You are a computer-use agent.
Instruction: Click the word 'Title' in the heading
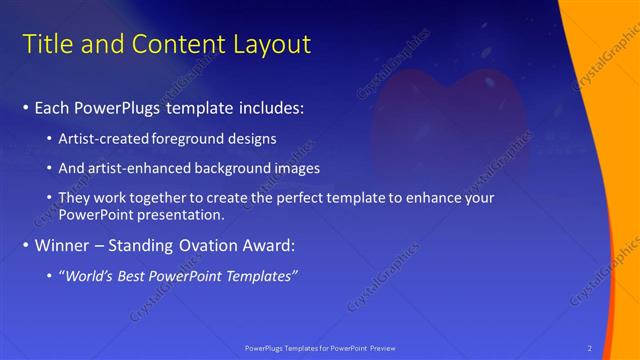[46, 44]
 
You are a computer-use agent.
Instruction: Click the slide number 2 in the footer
[590, 348]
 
